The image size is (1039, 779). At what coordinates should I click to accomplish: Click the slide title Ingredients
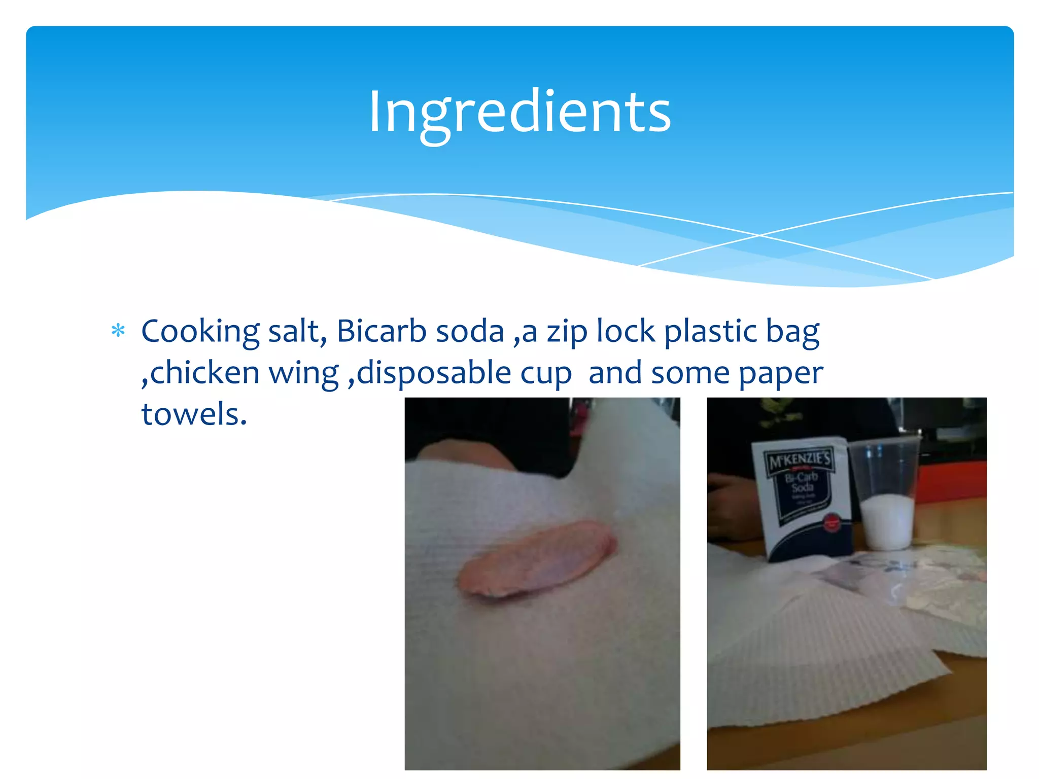click(519, 113)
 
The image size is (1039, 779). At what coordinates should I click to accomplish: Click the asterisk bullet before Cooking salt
click(118, 331)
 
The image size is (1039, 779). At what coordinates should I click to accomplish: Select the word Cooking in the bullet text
click(200, 332)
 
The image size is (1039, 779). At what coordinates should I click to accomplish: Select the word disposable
click(434, 374)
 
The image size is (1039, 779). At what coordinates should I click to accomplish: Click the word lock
click(626, 331)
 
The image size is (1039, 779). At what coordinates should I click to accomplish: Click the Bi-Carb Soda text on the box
click(802, 482)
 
